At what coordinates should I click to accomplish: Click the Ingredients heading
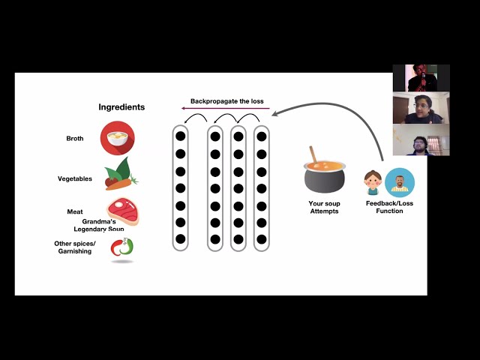121,107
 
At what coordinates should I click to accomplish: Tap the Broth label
75,139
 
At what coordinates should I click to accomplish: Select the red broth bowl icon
118,138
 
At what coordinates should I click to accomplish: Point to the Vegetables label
75,178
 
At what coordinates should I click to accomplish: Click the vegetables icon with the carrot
120,174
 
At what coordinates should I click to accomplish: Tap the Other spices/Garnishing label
73,247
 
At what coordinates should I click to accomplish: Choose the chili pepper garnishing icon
121,247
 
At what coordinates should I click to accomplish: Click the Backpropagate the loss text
226,101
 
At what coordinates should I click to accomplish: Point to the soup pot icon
324,177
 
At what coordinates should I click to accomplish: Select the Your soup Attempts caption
324,207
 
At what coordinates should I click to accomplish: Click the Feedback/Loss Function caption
384,207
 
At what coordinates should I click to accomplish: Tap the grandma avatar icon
373,182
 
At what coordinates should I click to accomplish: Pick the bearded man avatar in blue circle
400,182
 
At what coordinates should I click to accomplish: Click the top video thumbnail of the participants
421,78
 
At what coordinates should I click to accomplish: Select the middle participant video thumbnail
421,108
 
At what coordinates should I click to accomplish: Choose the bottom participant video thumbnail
421,139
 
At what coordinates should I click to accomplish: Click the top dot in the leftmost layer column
180,136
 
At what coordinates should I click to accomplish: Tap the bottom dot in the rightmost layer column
261,239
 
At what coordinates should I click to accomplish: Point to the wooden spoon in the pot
314,154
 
